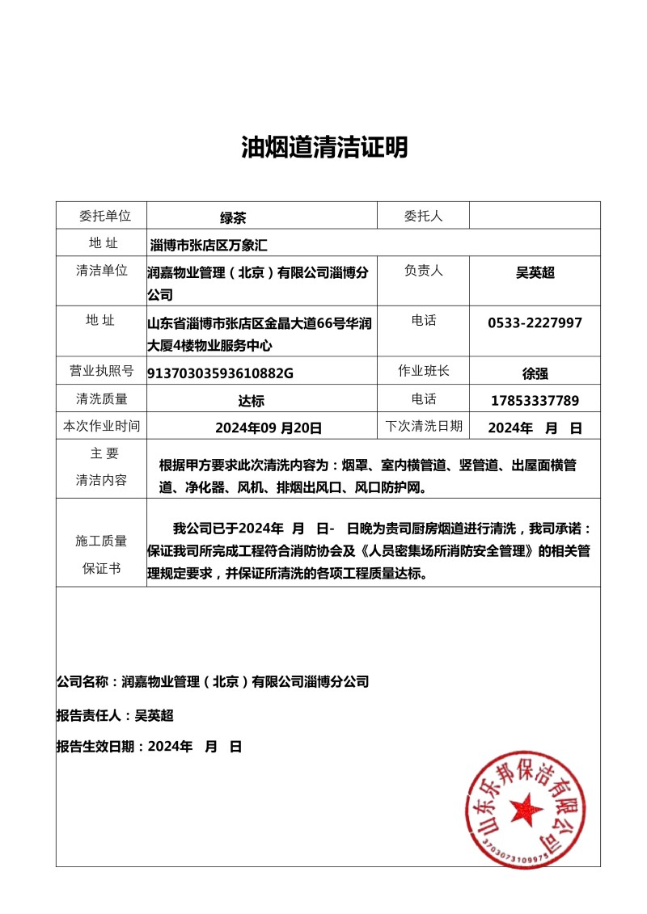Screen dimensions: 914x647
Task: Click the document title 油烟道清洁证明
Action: tap(324, 147)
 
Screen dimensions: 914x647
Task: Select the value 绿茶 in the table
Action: tap(233, 217)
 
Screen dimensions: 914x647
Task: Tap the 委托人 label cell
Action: tap(423, 216)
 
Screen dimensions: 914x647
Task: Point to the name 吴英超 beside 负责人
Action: tap(535, 273)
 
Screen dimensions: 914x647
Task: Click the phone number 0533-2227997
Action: tap(535, 322)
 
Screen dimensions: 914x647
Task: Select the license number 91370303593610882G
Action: tap(220, 373)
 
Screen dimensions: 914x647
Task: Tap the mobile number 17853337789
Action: tap(535, 400)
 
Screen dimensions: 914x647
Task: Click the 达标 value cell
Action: tap(252, 400)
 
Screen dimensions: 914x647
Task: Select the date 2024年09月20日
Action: tap(269, 428)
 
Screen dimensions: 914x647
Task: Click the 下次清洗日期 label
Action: tap(423, 426)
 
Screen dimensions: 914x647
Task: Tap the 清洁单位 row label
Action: tap(101, 271)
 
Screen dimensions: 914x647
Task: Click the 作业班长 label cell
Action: tap(423, 371)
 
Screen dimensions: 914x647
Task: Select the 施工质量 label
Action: tap(101, 541)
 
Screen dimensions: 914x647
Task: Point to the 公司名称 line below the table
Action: tap(213, 681)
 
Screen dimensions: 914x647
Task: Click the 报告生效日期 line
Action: tap(149, 747)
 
